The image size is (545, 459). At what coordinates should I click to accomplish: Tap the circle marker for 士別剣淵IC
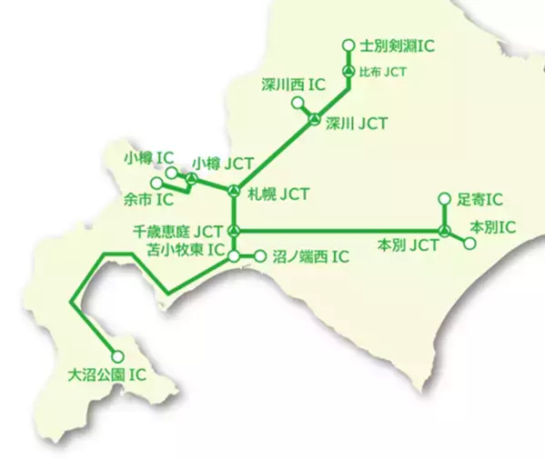[x=348, y=44]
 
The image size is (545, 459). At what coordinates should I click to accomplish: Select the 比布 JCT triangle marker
[x=348, y=71]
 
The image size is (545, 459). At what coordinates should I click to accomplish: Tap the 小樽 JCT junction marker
[x=191, y=178]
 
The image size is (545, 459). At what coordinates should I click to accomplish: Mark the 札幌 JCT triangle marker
[x=234, y=192]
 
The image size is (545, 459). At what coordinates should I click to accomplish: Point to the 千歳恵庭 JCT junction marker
[x=234, y=229]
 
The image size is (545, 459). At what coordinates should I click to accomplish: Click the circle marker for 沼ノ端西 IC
[x=259, y=257]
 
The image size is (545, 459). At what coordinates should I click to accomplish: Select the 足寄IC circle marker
[x=444, y=199]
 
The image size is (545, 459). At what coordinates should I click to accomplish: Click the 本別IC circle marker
[x=469, y=244]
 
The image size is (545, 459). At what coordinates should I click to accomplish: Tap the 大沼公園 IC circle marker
[x=116, y=357]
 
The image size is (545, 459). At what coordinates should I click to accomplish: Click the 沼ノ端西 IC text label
[x=311, y=257]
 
